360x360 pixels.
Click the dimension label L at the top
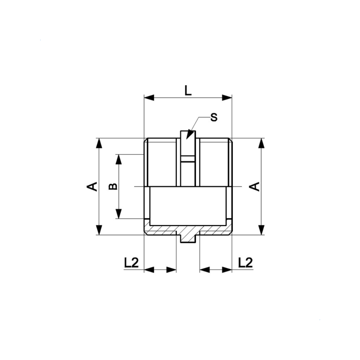(188, 91)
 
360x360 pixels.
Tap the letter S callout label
(214, 117)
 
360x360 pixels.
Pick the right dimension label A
(255, 187)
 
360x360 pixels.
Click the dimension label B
(113, 187)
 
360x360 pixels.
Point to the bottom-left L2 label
(131, 263)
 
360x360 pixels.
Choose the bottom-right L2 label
(245, 263)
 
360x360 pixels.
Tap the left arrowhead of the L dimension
(149, 98)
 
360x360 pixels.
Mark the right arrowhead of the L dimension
(227, 98)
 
